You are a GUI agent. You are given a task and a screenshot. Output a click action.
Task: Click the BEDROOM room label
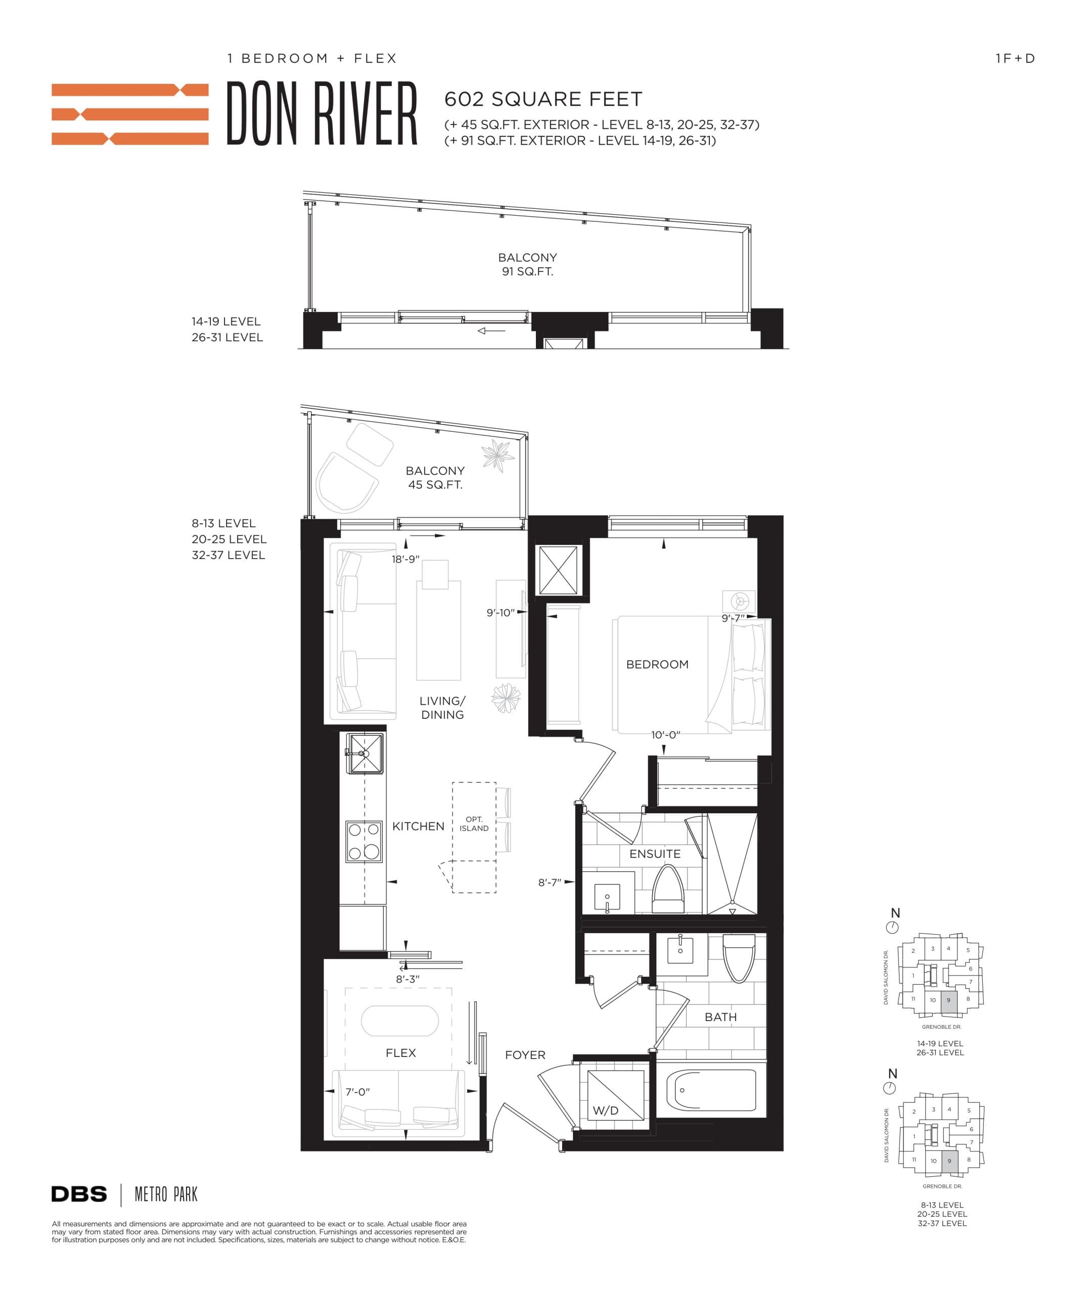pos(657,664)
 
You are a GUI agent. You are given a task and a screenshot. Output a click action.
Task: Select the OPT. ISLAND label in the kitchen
pos(474,824)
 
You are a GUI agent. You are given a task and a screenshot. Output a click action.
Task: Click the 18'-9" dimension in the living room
pos(405,559)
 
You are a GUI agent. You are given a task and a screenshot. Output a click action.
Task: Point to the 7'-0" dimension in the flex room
pos(357,1092)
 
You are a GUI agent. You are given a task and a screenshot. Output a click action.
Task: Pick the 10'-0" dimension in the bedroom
pos(665,734)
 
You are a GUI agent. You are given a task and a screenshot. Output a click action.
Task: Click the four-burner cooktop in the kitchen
pos(364,841)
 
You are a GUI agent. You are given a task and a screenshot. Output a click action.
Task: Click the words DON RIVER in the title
pos(322,115)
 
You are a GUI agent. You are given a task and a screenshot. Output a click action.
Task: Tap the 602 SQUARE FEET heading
pos(543,99)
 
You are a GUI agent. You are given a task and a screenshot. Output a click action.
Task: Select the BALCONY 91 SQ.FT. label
pos(527,264)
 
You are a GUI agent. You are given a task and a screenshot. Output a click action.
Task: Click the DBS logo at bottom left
pos(79,1194)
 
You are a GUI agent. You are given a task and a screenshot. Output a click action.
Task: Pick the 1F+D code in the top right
pos(1015,59)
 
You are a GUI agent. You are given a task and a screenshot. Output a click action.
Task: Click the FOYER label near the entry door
pos(525,1055)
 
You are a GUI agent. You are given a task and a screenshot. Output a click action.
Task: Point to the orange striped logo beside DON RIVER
pos(130,115)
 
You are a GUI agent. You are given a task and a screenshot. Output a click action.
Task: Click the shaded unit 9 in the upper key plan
pos(949,1000)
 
